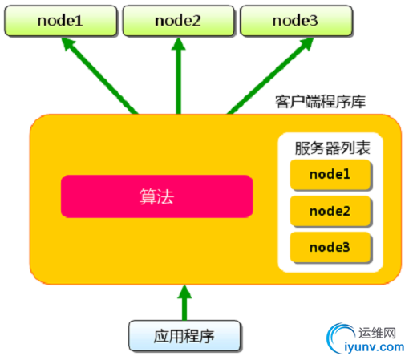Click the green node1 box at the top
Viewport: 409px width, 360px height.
coord(61,21)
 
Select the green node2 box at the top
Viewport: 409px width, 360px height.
coord(178,21)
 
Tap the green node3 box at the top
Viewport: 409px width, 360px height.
coord(296,21)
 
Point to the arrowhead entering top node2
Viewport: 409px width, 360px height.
coord(178,43)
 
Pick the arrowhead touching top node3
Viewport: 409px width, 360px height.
coord(306,43)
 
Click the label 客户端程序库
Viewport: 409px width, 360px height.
coord(320,102)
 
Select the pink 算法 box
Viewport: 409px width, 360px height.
coord(156,196)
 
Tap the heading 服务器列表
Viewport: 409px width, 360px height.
coord(332,148)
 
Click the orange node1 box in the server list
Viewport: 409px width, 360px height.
coord(330,175)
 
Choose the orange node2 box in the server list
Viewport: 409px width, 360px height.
coord(330,211)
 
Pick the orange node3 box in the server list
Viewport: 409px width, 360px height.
coord(330,248)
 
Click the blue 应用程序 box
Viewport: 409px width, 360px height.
coord(184,336)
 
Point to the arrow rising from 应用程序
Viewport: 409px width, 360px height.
coord(184,302)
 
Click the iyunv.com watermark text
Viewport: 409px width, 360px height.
coord(375,347)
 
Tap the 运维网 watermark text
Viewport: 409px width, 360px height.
coord(377,333)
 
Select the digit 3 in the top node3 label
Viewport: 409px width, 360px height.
coord(314,21)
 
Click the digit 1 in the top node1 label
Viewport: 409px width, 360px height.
coord(79,21)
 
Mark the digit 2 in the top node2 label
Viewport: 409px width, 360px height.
coord(196,21)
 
